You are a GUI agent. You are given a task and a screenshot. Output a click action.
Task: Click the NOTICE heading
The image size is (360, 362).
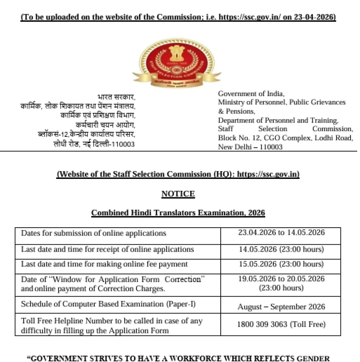click(178, 194)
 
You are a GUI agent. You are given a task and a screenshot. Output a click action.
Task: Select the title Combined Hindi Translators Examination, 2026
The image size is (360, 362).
click(178, 213)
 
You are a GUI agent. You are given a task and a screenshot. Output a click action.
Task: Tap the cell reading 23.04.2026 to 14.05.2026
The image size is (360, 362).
click(281, 233)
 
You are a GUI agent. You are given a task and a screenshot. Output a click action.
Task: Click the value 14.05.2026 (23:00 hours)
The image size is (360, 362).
click(281, 249)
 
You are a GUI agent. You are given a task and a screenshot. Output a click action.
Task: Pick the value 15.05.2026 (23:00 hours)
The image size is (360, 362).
click(281, 264)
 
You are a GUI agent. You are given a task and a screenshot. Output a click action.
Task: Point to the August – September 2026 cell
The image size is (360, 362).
click(281, 306)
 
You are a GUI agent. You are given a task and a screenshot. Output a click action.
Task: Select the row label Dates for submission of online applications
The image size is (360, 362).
click(93, 233)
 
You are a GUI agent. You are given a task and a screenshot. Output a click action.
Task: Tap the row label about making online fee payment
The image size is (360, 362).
click(104, 264)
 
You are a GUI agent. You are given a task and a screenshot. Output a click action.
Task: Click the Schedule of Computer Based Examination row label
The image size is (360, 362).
click(108, 304)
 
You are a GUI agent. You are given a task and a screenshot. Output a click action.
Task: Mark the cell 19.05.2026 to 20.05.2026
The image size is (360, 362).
click(281, 279)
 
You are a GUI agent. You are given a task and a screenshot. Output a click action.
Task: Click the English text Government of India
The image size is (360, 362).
click(251, 94)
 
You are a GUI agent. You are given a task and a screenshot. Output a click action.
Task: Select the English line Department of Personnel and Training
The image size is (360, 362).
click(278, 120)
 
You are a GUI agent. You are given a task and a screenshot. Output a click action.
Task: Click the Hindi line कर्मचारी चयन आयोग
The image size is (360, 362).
click(105, 125)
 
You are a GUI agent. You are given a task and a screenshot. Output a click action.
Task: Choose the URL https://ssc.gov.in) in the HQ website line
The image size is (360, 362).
click(268, 174)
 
